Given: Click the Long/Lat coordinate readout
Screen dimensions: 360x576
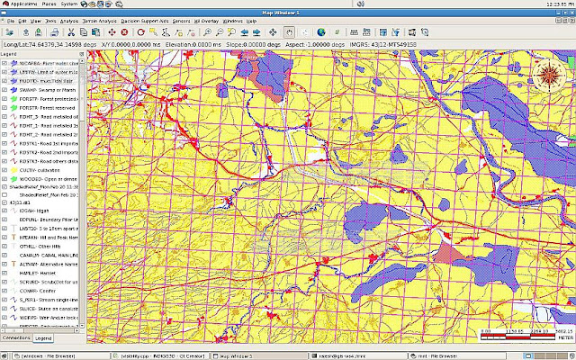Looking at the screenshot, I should pyautogui.click(x=45, y=43).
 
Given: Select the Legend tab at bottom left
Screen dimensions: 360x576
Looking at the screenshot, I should pyautogui.click(x=42, y=337).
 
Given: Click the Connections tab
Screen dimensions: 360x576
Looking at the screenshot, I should pyautogui.click(x=16, y=337).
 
